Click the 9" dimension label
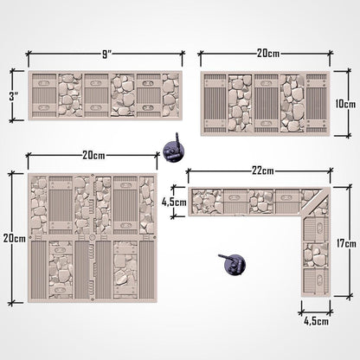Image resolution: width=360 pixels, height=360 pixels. tap(106, 54)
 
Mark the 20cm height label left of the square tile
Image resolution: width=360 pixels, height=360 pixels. tap(11, 236)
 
